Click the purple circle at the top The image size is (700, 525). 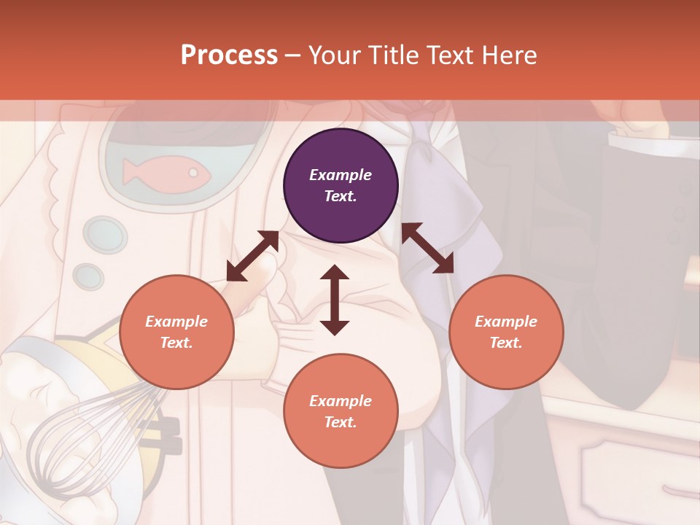tap(341, 186)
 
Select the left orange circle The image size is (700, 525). tap(176, 332)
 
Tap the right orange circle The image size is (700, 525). tap(506, 332)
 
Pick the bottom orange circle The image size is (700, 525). tap(341, 411)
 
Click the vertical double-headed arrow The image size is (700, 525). tap(335, 300)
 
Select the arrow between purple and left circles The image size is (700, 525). tap(252, 256)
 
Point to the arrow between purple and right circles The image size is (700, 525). tap(427, 248)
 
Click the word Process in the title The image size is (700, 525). tap(229, 55)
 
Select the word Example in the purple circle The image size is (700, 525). tap(341, 175)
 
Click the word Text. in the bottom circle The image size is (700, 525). tap(341, 422)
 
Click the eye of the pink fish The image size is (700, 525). tap(193, 173)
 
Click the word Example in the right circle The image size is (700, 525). tap(506, 322)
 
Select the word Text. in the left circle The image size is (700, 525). tap(176, 343)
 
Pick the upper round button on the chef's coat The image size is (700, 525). tap(105, 234)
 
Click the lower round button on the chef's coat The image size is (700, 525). tap(88, 276)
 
